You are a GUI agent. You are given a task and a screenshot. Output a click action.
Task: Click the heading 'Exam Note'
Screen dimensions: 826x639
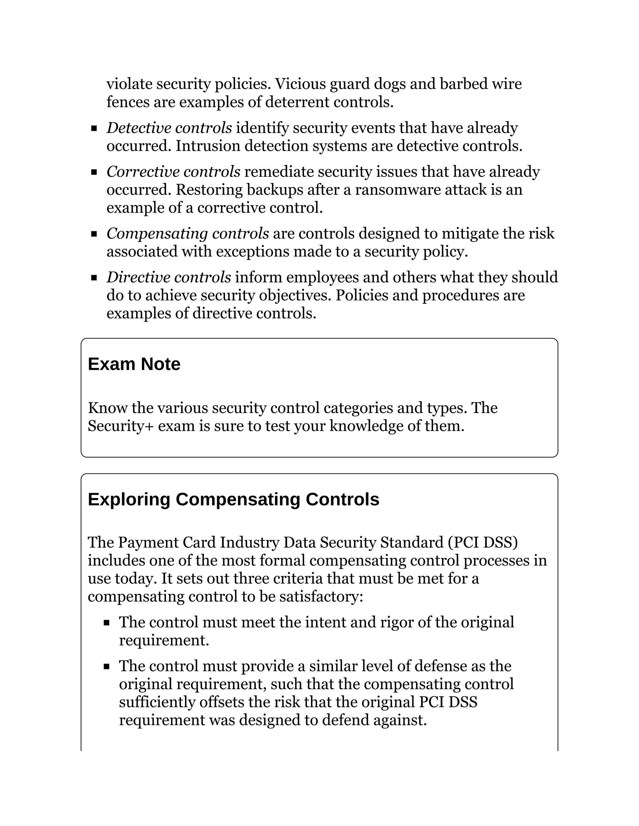click(x=134, y=364)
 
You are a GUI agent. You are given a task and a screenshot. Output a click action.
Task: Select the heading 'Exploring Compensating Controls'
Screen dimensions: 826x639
click(x=233, y=499)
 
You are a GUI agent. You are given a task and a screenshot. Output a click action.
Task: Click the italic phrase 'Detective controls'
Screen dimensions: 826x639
click(x=169, y=128)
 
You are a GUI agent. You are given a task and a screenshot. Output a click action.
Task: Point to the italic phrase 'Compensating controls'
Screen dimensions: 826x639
click(x=188, y=234)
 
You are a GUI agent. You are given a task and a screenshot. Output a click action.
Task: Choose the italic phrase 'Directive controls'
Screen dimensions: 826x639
click(x=169, y=278)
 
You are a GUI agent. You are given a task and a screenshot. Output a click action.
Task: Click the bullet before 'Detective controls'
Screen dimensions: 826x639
click(x=94, y=129)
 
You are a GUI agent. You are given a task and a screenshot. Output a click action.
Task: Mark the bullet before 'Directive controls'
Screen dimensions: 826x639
click(x=94, y=278)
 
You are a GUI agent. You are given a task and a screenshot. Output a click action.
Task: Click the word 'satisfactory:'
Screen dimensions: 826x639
click(x=321, y=597)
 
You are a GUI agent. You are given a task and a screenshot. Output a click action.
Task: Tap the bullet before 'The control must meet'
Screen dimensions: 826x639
click(x=107, y=623)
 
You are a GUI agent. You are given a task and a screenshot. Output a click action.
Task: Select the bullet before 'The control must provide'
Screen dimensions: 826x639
click(x=107, y=667)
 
